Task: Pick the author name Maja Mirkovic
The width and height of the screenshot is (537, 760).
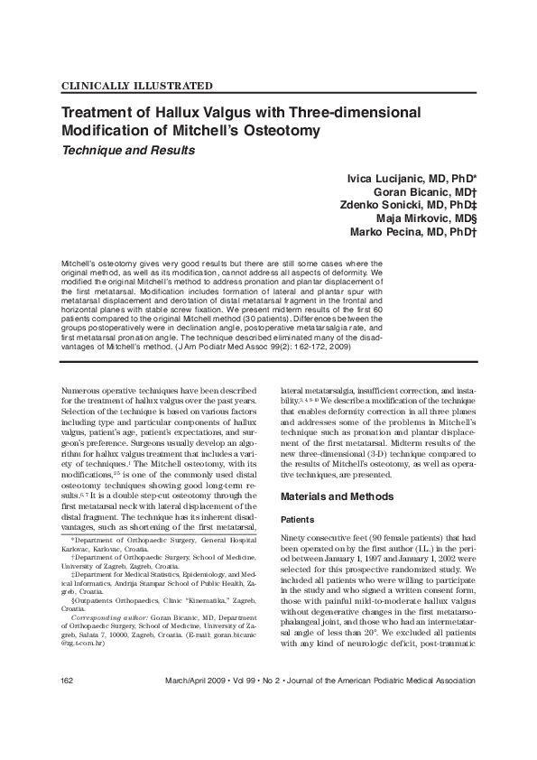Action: pos(424,218)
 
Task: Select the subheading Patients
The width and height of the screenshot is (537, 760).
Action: pos(301,520)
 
